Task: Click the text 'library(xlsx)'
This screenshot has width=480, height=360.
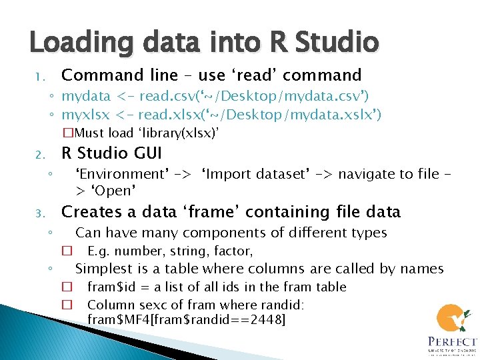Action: pyautogui.click(x=177, y=133)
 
